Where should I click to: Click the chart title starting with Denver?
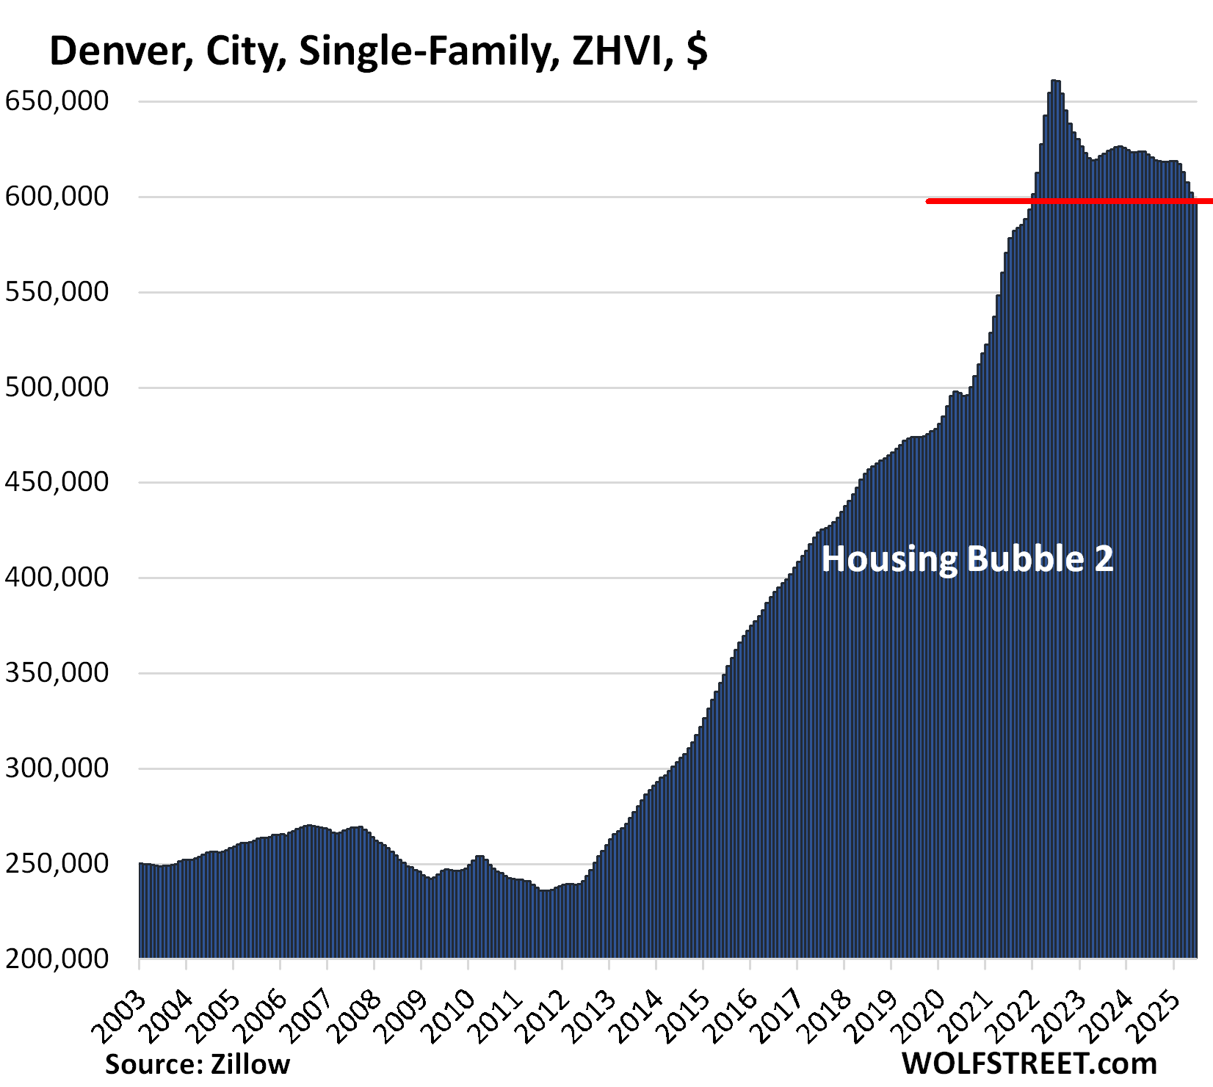378,51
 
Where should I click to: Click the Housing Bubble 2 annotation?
967,559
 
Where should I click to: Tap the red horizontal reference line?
1065,200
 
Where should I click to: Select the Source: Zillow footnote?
198,1064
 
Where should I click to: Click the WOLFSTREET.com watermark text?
1029,1064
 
